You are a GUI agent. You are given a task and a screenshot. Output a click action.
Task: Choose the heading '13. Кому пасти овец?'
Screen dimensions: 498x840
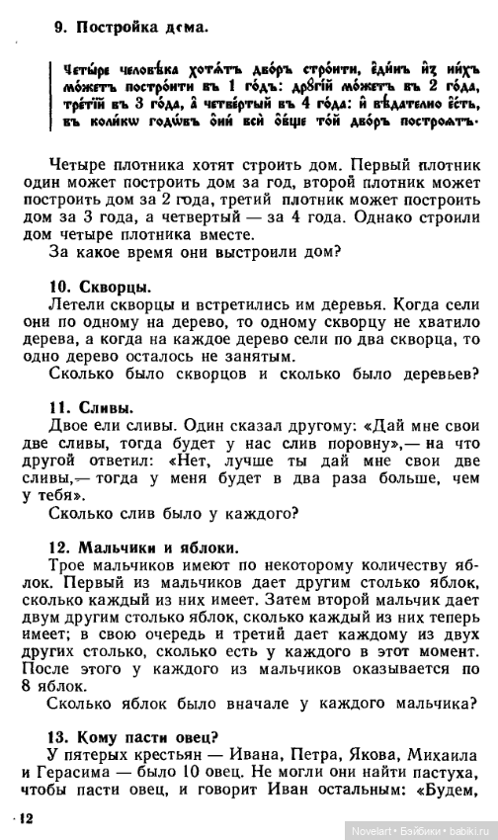133,734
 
